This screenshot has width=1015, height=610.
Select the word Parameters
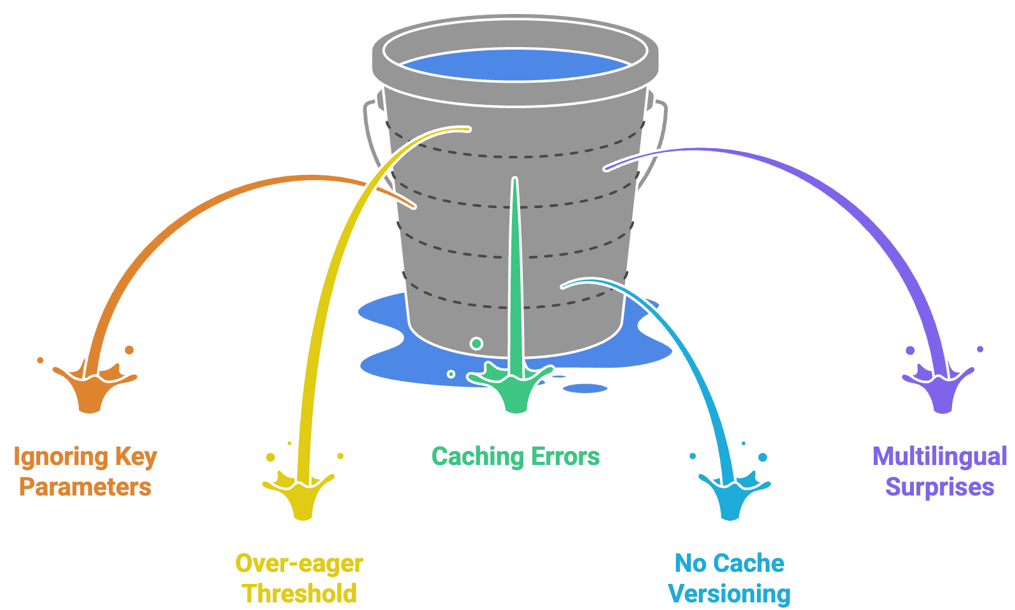[x=85, y=487]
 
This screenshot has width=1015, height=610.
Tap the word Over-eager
[x=300, y=564]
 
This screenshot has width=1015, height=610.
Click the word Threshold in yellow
[x=300, y=594]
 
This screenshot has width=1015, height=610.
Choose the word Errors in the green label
[x=565, y=457]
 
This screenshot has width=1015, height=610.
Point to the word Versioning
[x=729, y=594]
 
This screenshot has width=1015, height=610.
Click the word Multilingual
[x=939, y=457]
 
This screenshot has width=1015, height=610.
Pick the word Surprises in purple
[x=939, y=487]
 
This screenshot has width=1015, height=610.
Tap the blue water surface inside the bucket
[x=515, y=64]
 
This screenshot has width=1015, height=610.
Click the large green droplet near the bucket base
[x=476, y=343]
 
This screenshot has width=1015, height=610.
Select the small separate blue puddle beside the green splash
[x=585, y=388]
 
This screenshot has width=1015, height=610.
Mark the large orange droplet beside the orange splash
[x=129, y=350]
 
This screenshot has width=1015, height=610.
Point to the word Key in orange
[x=136, y=457]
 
